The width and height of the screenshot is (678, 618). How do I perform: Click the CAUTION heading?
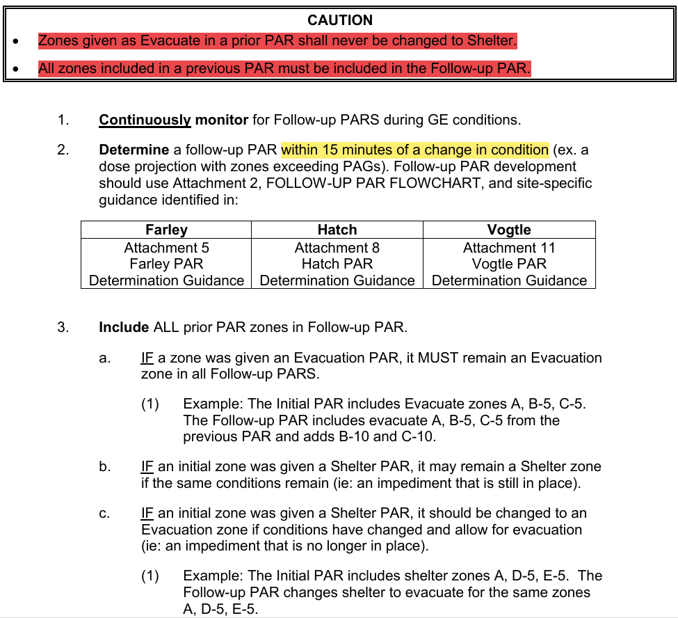click(x=339, y=20)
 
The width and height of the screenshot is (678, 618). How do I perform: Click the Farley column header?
click(x=166, y=230)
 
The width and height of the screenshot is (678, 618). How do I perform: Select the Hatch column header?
click(x=337, y=230)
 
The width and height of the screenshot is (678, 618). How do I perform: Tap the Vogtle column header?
click(x=509, y=230)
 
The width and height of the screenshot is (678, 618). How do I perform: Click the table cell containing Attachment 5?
click(x=166, y=264)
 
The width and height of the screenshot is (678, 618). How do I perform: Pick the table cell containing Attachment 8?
click(x=337, y=264)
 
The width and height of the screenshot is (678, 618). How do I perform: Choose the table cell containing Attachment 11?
click(x=509, y=264)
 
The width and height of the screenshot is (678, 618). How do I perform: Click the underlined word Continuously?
click(x=145, y=120)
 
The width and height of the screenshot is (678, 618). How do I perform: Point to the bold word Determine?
click(x=134, y=150)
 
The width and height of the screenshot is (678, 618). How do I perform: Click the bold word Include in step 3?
click(x=124, y=327)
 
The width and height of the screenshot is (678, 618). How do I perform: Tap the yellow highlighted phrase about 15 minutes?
click(x=414, y=150)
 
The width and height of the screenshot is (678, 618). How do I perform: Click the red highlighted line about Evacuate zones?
click(x=277, y=40)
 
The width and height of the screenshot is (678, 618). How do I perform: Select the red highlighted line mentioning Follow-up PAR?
click(x=284, y=69)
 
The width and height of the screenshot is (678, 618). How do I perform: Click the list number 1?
click(x=63, y=120)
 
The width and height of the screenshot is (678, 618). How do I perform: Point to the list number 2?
click(x=63, y=150)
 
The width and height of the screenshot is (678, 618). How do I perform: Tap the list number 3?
click(x=63, y=327)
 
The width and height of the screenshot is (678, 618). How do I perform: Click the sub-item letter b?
click(x=104, y=466)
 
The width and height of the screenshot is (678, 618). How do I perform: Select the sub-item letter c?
click(x=104, y=514)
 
